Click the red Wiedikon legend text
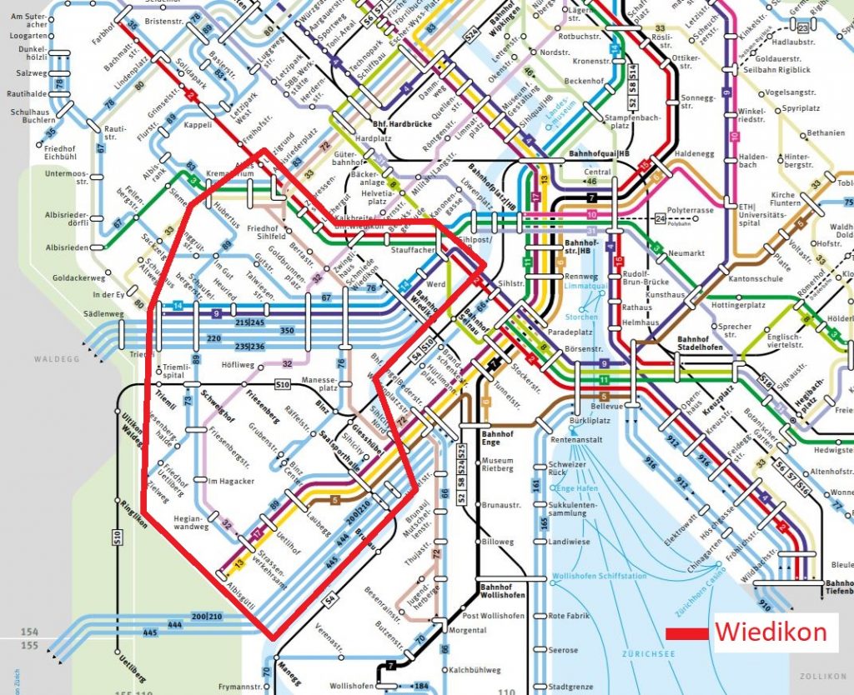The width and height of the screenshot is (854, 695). coord(770,632)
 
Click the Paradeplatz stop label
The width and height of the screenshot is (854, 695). coord(570,332)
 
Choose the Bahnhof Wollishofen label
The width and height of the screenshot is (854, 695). coord(503,592)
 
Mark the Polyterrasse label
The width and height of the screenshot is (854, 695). coord(691,211)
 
